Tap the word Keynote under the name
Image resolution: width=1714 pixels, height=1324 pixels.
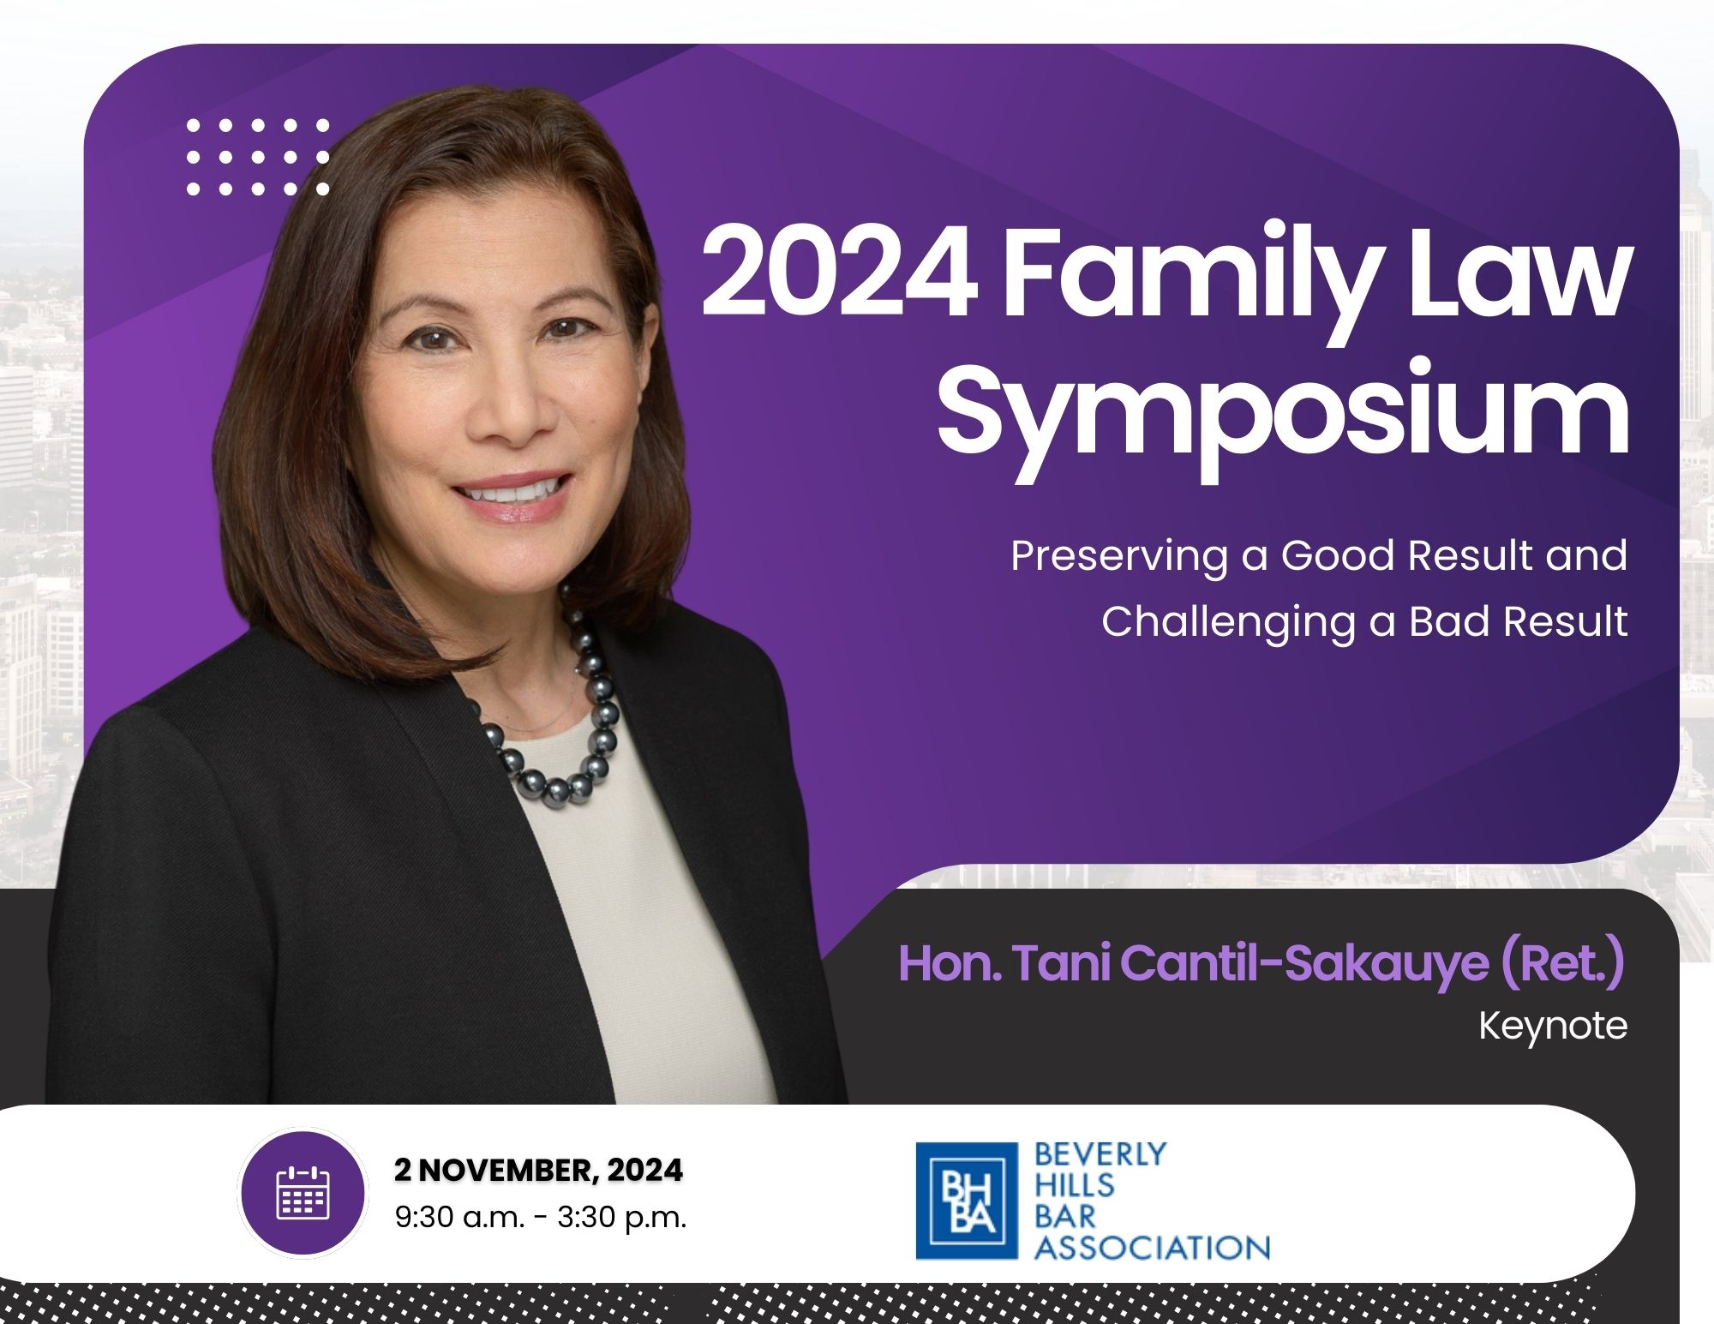[x=1553, y=1026]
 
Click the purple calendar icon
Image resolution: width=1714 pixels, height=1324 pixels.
[x=303, y=1192]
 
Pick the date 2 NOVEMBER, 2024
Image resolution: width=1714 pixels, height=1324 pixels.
[x=539, y=1170]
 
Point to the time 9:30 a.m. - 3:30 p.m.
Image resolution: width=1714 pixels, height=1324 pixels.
[x=541, y=1217]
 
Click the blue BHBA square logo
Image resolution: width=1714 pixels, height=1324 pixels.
[x=967, y=1201]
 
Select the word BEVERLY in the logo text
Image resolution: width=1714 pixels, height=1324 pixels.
[x=1100, y=1154]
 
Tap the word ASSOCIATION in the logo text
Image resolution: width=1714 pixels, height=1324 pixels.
[x=1152, y=1247]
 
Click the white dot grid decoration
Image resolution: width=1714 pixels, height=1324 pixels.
[x=257, y=157]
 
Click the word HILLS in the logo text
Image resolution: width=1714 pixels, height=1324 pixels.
[x=1074, y=1185]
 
